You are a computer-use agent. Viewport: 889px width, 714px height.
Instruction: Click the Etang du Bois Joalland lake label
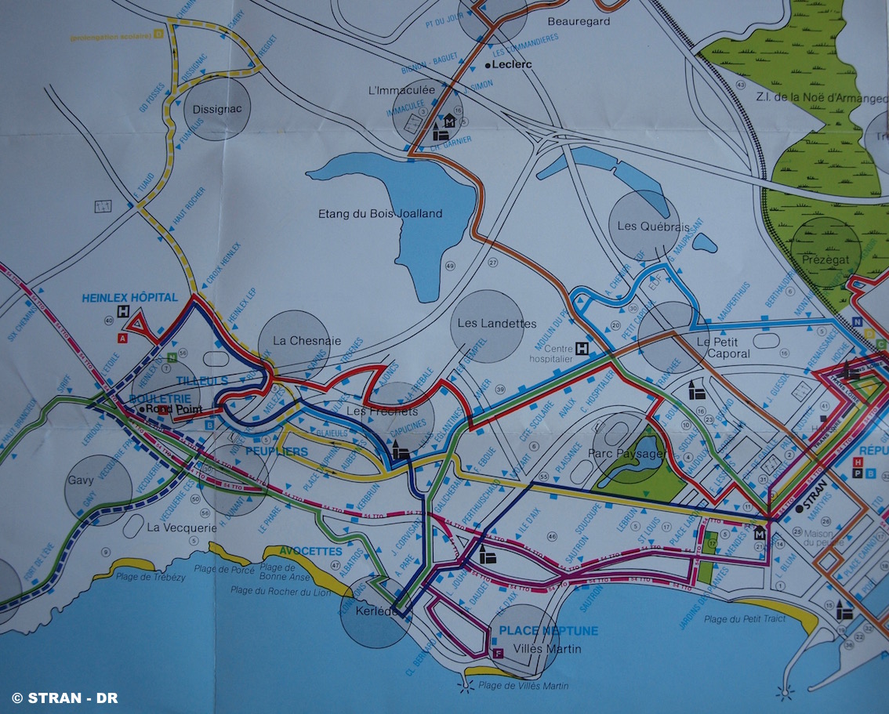pyautogui.click(x=380, y=213)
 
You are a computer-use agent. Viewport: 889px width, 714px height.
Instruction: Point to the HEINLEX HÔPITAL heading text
pyautogui.click(x=129, y=298)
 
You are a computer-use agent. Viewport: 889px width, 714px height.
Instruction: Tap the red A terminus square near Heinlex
pyautogui.click(x=122, y=339)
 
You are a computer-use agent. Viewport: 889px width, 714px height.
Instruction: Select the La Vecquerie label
pyautogui.click(x=182, y=527)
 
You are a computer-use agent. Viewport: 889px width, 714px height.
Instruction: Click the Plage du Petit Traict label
pyautogui.click(x=744, y=619)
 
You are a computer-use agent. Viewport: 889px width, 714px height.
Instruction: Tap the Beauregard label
pyautogui.click(x=579, y=21)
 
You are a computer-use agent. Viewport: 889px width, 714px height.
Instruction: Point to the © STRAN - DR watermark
pyautogui.click(x=64, y=698)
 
